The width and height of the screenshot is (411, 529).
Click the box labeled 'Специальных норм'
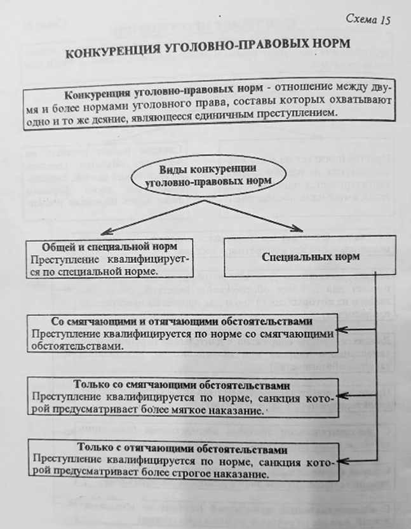(x=311, y=258)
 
